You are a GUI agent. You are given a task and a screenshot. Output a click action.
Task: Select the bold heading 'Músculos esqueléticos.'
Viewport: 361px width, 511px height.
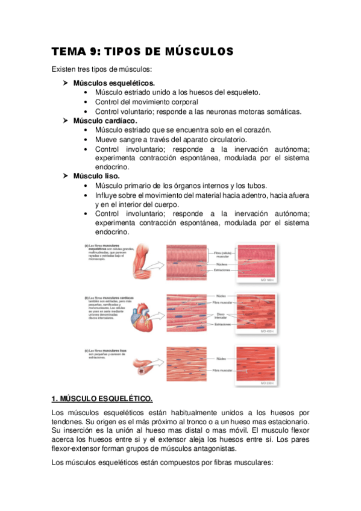click(x=114, y=83)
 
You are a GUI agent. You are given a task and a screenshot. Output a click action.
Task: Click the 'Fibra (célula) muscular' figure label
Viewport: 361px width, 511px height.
click(x=221, y=254)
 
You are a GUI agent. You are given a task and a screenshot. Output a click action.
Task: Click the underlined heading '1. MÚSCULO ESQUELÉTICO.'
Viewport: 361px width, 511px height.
click(x=102, y=399)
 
